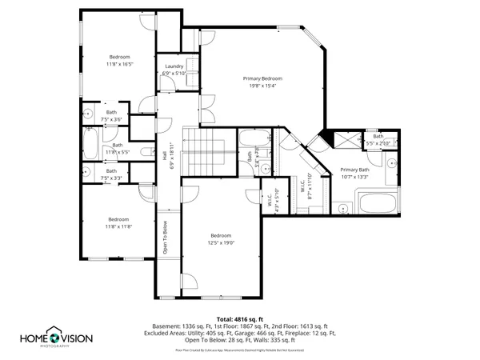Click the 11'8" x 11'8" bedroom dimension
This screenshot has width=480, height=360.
pos(118,226)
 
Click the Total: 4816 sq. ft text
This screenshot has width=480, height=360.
pos(239,318)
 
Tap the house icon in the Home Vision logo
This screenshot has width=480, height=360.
pos(54,334)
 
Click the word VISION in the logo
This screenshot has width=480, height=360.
pos(76,338)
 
